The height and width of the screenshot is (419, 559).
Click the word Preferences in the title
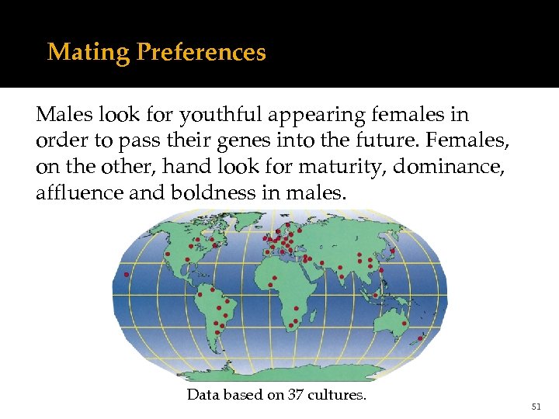click(201, 53)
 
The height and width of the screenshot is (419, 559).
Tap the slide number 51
click(535, 406)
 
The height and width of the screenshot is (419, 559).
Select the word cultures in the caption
click(338, 394)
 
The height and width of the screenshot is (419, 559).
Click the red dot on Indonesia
click(376, 296)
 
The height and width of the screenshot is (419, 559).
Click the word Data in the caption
click(204, 394)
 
